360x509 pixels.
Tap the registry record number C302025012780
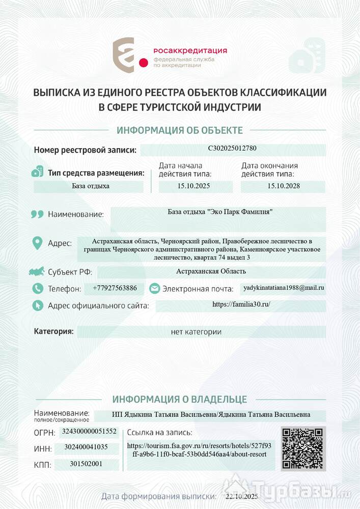(x=232, y=149)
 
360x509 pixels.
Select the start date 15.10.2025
(x=193, y=186)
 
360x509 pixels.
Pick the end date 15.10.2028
(x=284, y=186)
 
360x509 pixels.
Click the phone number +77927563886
(x=115, y=288)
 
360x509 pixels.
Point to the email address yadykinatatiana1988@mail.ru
(x=284, y=288)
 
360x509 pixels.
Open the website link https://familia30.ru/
(x=241, y=304)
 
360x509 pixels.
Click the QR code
(x=303, y=448)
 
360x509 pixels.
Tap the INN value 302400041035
(x=86, y=447)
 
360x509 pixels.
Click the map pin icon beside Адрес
(x=37, y=243)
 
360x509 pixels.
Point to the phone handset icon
(x=37, y=289)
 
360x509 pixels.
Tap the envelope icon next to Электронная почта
(x=154, y=289)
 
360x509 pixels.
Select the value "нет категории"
(x=196, y=332)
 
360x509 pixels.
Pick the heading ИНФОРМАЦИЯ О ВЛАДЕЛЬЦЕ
(x=180, y=399)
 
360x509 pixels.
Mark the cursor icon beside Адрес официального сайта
(x=37, y=305)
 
